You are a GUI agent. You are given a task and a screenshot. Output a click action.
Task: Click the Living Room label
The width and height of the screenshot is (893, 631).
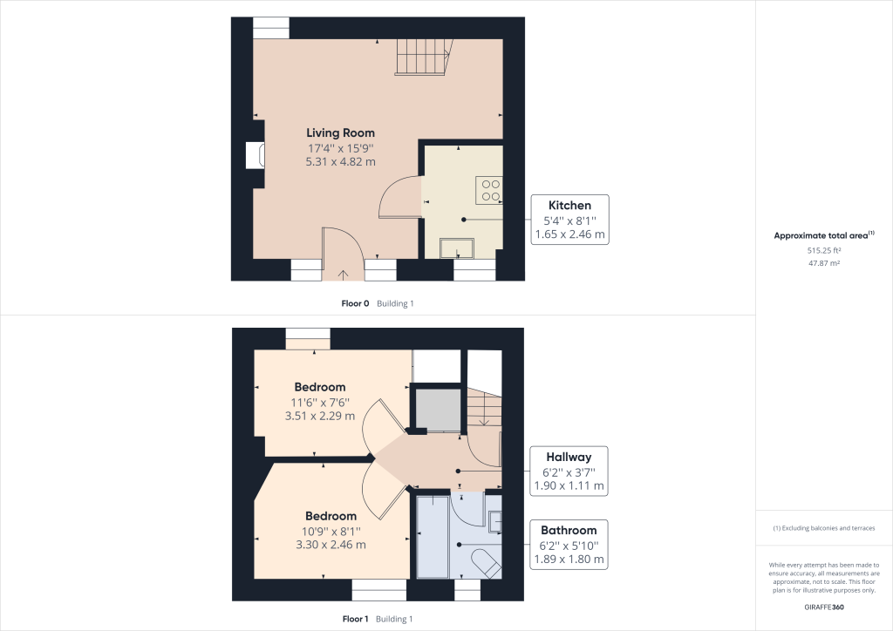(x=340, y=132)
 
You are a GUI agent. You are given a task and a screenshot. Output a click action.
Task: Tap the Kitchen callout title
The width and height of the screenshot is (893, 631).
(x=569, y=206)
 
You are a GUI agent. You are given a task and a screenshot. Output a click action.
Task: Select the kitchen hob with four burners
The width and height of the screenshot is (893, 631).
(x=489, y=190)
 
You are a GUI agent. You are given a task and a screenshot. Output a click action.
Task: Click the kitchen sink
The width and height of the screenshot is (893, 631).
(x=456, y=249)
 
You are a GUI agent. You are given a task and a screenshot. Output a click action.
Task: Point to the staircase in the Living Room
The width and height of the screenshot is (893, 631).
(x=423, y=58)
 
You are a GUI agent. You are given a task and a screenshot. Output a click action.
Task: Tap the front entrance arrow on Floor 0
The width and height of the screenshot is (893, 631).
(x=342, y=275)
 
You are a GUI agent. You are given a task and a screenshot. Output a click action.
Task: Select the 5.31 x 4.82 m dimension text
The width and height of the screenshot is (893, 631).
(x=340, y=161)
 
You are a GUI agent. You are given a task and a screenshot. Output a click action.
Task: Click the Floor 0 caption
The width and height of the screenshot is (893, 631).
(x=355, y=303)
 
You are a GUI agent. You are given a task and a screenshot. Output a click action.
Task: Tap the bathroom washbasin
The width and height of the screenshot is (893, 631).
(x=494, y=521)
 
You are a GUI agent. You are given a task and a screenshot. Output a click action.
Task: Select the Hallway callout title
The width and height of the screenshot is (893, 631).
(x=569, y=457)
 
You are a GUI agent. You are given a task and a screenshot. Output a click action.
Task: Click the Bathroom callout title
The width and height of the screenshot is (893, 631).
(x=569, y=530)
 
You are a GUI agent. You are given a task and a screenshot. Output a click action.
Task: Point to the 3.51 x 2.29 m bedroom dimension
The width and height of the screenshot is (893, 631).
(x=320, y=416)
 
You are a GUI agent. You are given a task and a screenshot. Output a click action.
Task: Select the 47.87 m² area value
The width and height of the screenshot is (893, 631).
(x=823, y=261)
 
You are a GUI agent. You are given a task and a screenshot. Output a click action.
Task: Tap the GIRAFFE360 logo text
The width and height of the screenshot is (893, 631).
(x=823, y=607)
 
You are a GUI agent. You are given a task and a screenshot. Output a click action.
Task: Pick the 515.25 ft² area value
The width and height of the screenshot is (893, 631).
(x=823, y=250)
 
